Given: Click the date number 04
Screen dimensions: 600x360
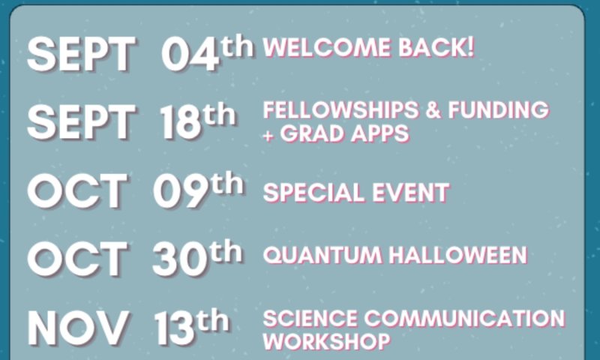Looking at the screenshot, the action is click(190, 54).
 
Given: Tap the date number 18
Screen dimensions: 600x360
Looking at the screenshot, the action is click(181, 122).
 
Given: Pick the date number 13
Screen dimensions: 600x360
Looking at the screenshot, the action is click(175, 328).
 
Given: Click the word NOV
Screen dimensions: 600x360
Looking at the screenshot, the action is click(78, 328).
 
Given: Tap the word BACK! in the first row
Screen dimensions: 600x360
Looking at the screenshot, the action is click(436, 47).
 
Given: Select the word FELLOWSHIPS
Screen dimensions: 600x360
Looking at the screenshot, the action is click(341, 110).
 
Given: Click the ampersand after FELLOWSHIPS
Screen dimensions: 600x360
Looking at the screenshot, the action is click(433, 110).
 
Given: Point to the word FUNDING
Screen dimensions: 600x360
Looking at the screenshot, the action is click(498, 110).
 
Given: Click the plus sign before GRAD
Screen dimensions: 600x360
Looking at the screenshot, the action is click(268, 135).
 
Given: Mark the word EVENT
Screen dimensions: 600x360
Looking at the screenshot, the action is click(410, 193).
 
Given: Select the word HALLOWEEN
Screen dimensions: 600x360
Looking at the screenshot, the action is click(458, 255).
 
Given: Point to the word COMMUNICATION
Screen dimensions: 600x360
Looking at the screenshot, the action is click(464, 318).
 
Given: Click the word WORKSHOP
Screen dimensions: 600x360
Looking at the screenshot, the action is click(327, 342).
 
